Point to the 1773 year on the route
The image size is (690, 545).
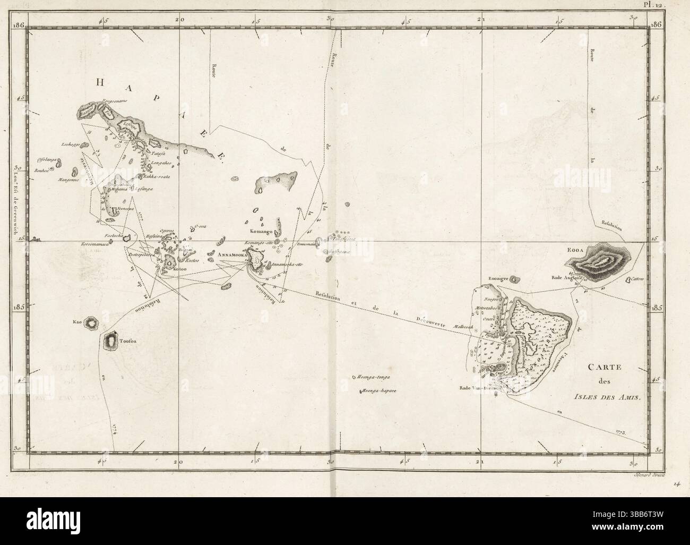(x=620, y=433)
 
